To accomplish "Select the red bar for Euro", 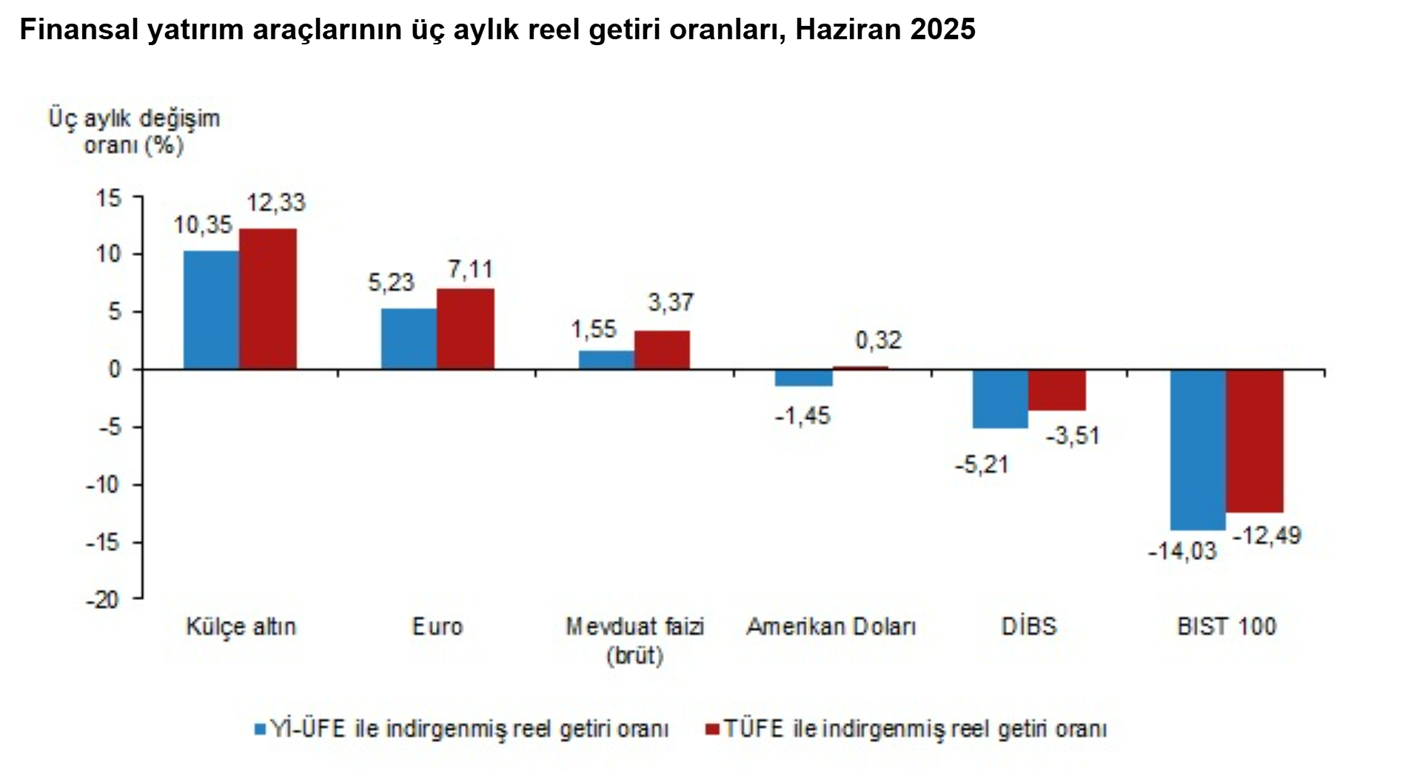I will [x=465, y=329].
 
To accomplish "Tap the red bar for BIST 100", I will [x=1254, y=440].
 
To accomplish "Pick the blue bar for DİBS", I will [x=1000, y=398].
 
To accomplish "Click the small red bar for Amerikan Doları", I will [x=859, y=367].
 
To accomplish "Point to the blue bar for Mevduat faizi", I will [x=606, y=360].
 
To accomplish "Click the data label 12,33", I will [x=275, y=203].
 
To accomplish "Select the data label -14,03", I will [x=1182, y=551].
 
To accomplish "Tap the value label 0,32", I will [x=878, y=340].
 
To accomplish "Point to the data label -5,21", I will [x=982, y=465].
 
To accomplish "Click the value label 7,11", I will [x=469, y=269].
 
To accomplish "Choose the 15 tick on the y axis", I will [x=108, y=198].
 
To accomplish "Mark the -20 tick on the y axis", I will [x=103, y=599].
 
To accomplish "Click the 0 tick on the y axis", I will [x=114, y=369].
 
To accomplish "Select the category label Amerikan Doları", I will [x=831, y=627].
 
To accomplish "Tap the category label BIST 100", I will [x=1226, y=627].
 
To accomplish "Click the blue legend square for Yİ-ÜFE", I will [x=260, y=729].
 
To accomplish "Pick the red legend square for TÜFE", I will [x=712, y=729].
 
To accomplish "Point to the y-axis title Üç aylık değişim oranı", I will [x=134, y=131].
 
